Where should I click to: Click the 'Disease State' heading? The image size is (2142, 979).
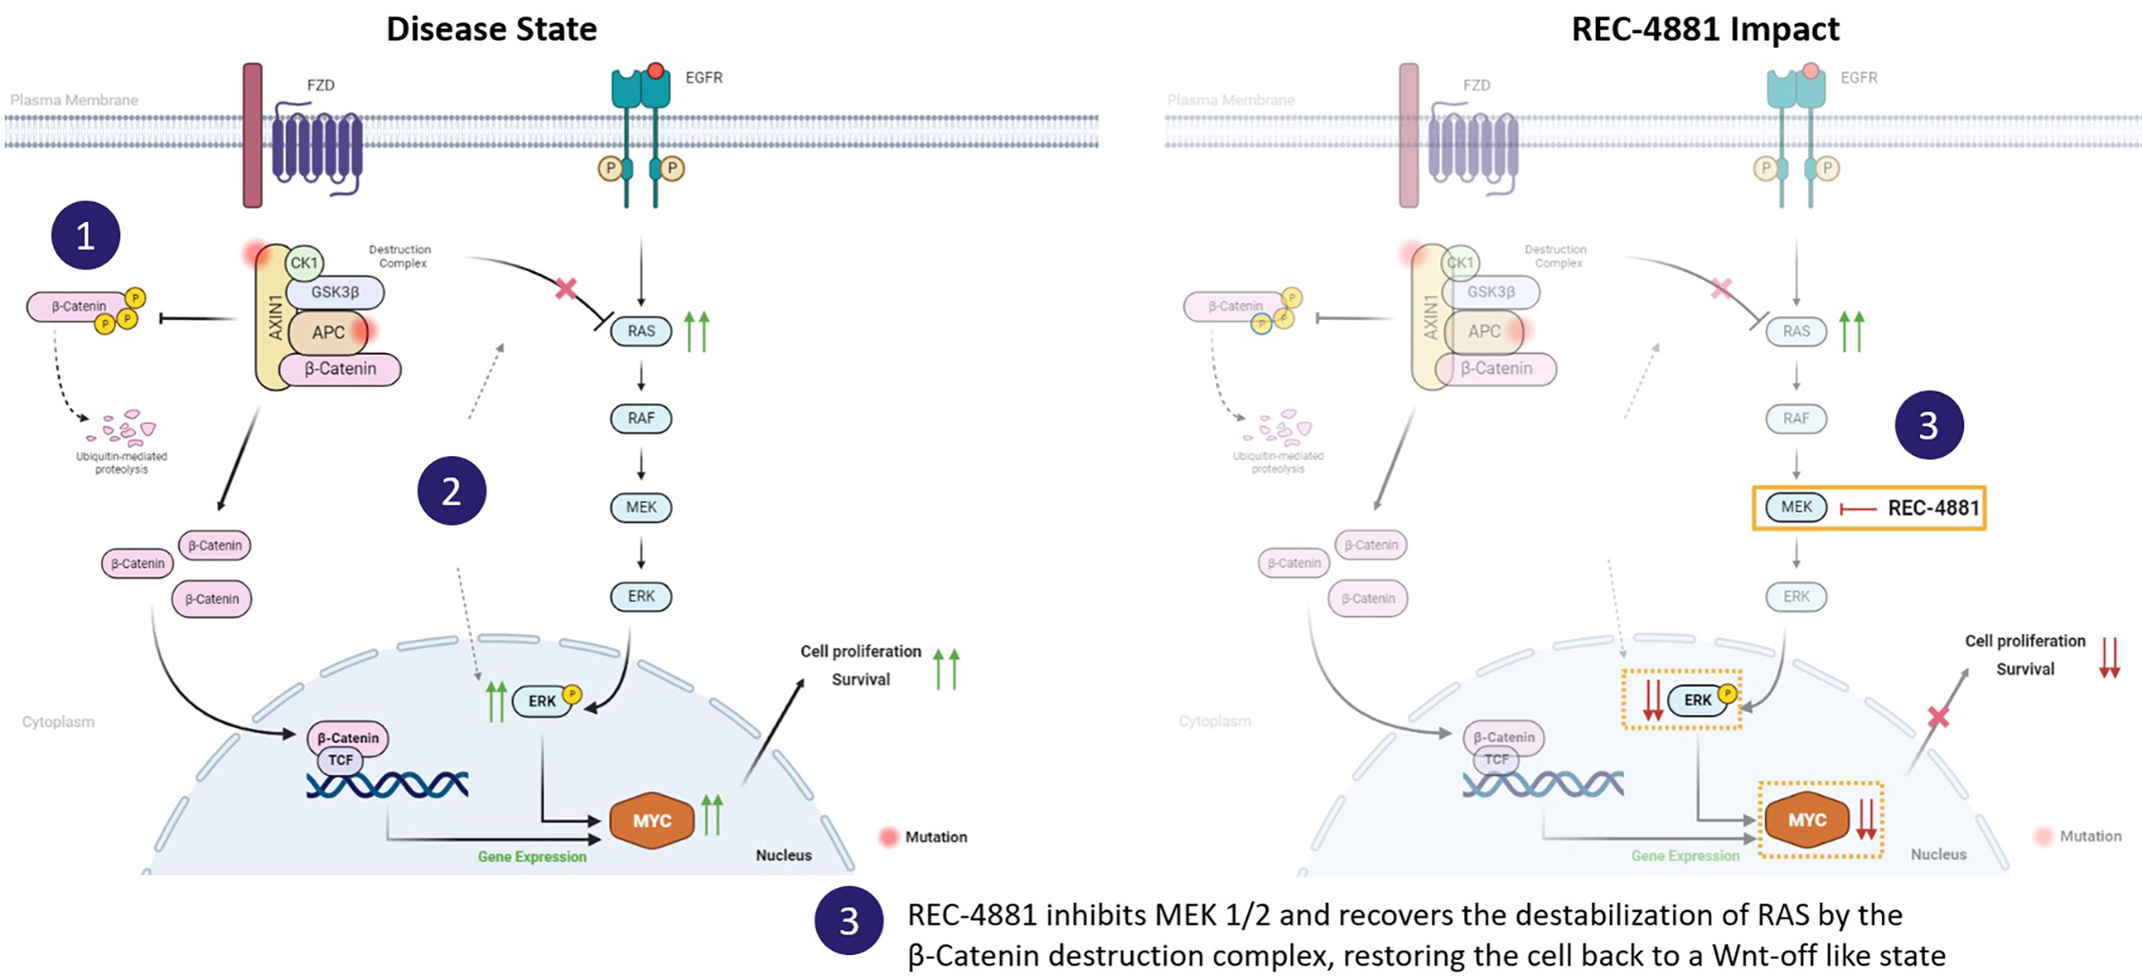coord(491,29)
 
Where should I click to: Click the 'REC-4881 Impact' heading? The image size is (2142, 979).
coord(1705,29)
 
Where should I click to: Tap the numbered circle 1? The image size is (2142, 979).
coord(86,235)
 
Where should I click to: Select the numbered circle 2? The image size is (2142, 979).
coord(451,491)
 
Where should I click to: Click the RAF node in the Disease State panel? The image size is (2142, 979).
coord(641,418)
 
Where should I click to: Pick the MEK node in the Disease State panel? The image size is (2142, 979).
coord(641,507)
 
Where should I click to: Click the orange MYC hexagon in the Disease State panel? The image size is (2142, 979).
coord(652,820)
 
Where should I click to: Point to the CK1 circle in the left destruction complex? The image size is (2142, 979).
coord(305,263)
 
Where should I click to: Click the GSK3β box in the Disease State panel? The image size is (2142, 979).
coord(335,292)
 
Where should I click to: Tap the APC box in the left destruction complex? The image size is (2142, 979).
coord(328,332)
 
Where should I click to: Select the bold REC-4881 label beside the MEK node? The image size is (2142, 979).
coord(1933,508)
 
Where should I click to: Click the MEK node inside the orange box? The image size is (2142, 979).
coord(1796,507)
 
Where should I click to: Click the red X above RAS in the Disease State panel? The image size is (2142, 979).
coord(566,288)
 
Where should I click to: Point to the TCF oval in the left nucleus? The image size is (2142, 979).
coord(340,760)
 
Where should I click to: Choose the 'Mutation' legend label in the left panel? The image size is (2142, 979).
coord(936,837)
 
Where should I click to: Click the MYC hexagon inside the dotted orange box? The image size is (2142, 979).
coord(1807,820)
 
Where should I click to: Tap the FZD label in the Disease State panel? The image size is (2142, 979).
coord(321,85)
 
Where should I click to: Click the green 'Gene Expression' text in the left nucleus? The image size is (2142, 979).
coord(532,856)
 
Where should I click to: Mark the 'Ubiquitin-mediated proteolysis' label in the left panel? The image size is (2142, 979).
coord(122,463)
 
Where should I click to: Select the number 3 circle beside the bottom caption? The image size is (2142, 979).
coord(848,921)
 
